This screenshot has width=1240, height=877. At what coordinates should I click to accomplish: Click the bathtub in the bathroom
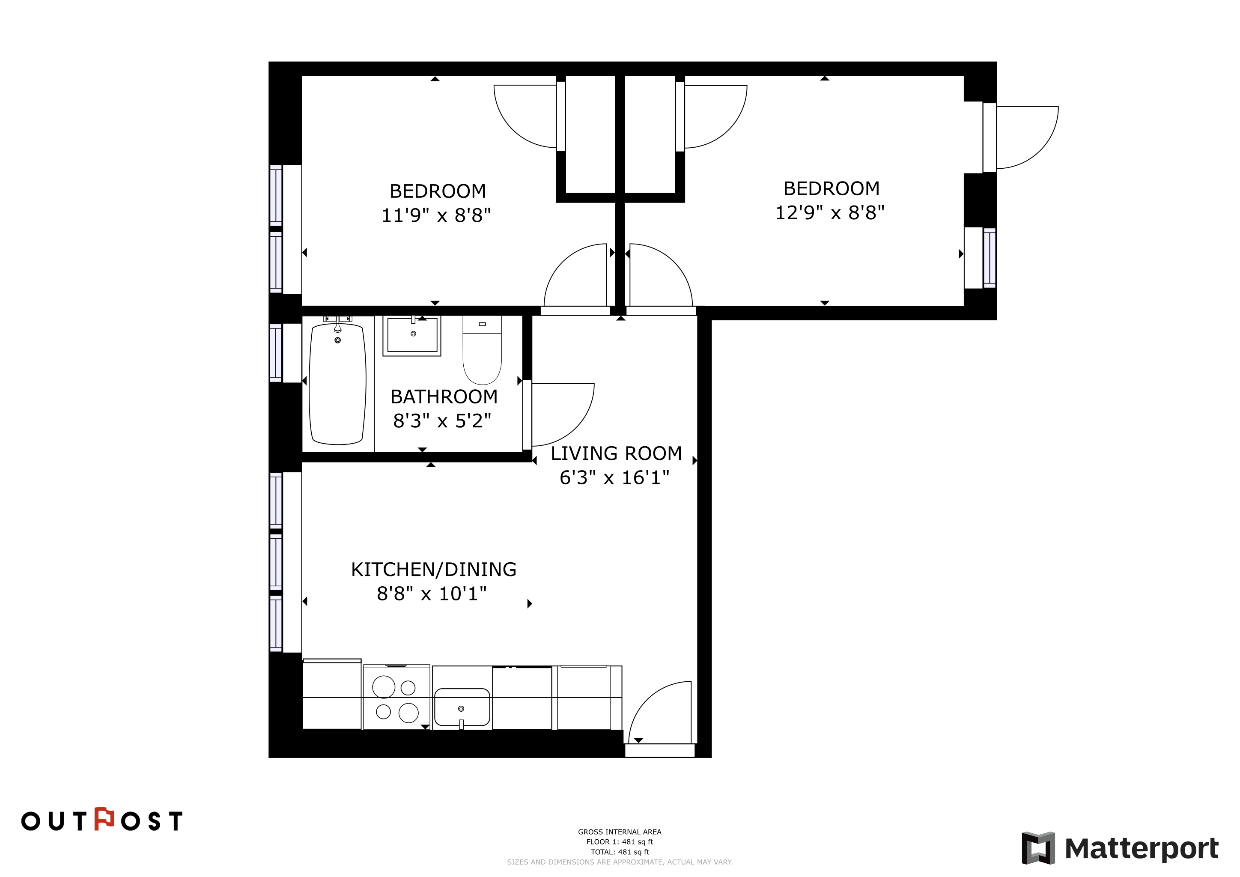coord(337,384)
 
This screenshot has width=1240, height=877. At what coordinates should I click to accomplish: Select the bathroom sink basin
coord(412,335)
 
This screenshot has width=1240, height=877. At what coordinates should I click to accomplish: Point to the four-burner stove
coord(396,697)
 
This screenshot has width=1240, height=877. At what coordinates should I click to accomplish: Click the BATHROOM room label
coord(444,397)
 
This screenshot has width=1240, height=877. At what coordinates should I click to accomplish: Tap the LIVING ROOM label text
coord(616,453)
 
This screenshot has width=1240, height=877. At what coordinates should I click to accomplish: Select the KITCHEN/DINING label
coord(434,570)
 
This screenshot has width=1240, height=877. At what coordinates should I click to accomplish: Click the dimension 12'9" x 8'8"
coord(830,213)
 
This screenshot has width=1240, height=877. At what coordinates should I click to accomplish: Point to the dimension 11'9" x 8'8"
coord(436,215)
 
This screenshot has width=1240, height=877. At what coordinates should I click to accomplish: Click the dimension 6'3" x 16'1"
coord(614,478)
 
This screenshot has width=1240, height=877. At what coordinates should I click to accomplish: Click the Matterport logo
coord(1120,848)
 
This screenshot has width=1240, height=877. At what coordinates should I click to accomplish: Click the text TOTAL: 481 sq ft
coord(620,852)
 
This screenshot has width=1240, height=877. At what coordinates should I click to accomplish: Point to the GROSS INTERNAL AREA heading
coord(620,832)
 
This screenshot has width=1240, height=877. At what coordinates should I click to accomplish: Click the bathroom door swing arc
coord(578,427)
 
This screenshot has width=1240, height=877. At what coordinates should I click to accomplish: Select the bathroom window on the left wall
coord(276,353)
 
